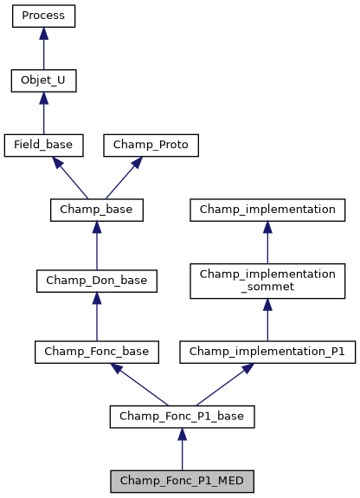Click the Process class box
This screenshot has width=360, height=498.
(43, 16)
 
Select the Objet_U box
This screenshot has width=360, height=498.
(43, 81)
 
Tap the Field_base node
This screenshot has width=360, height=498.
(43, 146)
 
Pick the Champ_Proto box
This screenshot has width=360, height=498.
(151, 146)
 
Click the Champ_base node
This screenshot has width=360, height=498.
(96, 210)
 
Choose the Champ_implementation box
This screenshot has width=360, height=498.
(267, 210)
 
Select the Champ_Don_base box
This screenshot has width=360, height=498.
(96, 281)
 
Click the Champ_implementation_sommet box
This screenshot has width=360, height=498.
(267, 281)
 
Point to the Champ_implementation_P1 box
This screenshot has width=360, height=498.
(267, 352)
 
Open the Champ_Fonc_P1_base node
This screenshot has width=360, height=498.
(182, 417)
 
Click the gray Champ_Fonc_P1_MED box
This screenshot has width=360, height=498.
(182, 481)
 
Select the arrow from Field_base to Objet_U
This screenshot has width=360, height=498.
(43, 113)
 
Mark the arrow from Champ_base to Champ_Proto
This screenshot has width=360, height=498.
(124, 178)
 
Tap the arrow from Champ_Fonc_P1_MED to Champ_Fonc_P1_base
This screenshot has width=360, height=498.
(182, 449)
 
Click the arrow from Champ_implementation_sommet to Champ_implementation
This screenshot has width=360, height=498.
(267, 242)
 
